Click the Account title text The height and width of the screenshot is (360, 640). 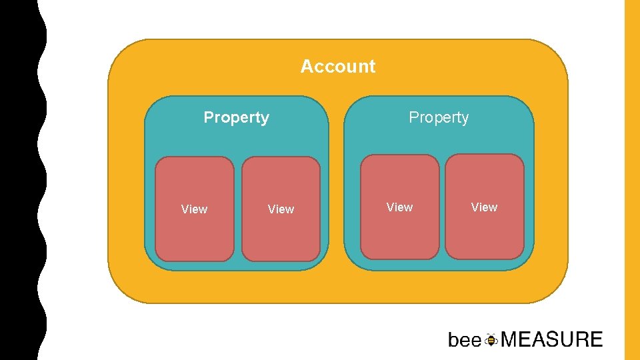(338, 67)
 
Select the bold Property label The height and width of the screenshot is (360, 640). (236, 118)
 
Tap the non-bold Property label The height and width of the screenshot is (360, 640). (439, 118)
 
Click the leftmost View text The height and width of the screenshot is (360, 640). (194, 209)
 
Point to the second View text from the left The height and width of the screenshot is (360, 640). (281, 209)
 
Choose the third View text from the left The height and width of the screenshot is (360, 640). (399, 207)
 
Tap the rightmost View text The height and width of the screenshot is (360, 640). (484, 207)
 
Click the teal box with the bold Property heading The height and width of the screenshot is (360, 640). (237, 143)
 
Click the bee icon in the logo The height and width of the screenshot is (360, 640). (491, 340)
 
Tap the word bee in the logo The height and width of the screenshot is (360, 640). (465, 341)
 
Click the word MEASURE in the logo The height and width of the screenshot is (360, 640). (551, 340)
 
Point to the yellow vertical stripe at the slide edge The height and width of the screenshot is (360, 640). (631, 180)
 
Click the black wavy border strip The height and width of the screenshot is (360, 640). (20, 180)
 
